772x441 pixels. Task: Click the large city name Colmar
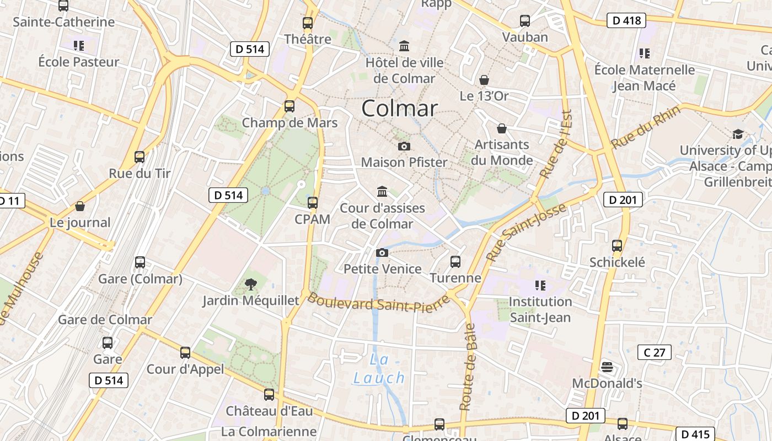pos(399,108)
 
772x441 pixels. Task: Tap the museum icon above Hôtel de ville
pos(404,46)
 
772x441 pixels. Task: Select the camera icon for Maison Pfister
pos(404,146)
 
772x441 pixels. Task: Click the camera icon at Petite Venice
pos(382,252)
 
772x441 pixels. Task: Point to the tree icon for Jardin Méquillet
pos(251,284)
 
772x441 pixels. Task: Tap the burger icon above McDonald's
pos(607,367)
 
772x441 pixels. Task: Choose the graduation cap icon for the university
pos(737,134)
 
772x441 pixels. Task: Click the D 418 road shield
pos(626,21)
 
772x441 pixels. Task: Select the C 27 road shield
pos(655,352)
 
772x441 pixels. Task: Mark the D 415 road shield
pos(695,434)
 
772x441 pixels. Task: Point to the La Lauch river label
pos(379,369)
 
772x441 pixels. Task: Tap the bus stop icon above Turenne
pos(455,261)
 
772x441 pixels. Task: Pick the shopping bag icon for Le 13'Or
pos(484,80)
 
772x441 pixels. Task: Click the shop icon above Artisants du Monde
pos(502,128)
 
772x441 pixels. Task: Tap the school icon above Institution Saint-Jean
pos(540,285)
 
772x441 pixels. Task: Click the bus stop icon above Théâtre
pos(308,23)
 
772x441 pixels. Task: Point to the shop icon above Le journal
pos(80,207)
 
